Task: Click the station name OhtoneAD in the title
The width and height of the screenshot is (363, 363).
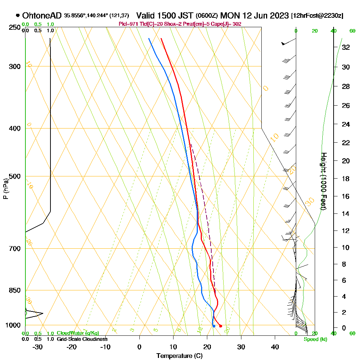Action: (x=42, y=16)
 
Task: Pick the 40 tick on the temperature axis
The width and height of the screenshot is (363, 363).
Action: (x=275, y=347)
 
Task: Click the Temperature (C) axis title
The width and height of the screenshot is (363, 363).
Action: (x=179, y=356)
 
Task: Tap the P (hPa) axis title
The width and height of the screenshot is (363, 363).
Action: (x=5, y=189)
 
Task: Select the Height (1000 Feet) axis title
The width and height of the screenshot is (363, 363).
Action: (x=323, y=181)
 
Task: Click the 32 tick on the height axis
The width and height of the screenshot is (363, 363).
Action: (x=346, y=47)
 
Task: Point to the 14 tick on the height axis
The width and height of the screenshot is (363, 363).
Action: (x=346, y=213)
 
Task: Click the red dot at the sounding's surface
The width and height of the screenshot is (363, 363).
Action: (x=220, y=326)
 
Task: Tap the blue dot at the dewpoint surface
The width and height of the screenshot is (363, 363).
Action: (x=214, y=326)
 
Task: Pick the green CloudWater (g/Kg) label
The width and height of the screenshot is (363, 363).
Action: (x=77, y=333)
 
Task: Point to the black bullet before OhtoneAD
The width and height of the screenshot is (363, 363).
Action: (x=18, y=16)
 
